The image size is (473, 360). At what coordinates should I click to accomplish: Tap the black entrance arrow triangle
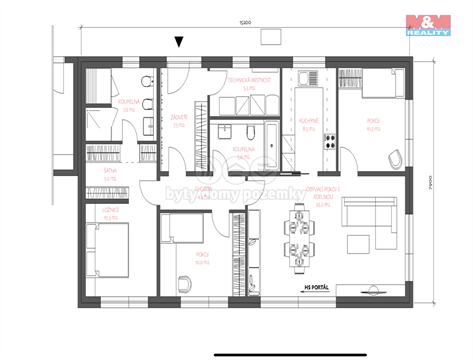click(179, 42)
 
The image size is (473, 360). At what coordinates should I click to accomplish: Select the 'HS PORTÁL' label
click(310, 290)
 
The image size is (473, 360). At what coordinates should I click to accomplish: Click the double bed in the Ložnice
click(111, 250)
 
